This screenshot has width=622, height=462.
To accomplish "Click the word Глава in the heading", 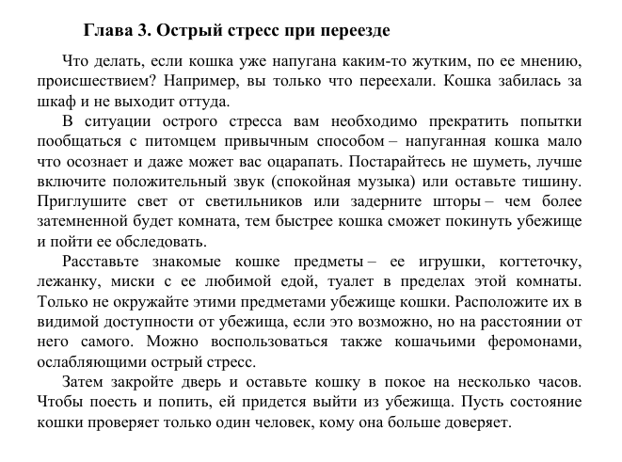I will tap(108, 31).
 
